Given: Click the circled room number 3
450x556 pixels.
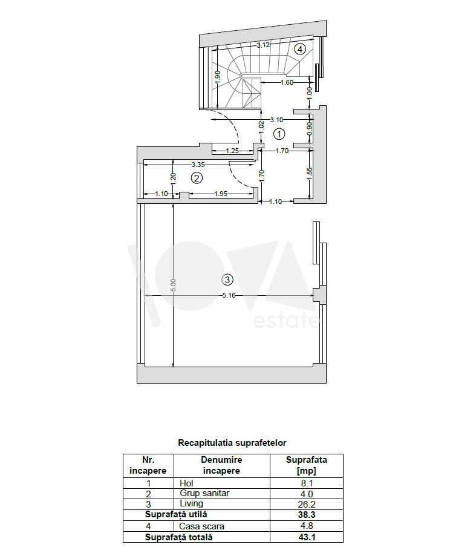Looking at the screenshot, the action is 227,280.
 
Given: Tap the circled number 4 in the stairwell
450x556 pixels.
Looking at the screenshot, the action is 300,49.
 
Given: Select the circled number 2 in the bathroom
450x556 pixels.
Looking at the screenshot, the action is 197,178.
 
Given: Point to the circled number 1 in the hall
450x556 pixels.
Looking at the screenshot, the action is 279,134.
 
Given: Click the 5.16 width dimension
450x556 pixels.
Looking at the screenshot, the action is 229,295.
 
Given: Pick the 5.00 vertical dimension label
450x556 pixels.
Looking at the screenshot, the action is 173,285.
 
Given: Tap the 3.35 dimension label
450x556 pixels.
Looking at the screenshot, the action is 198,165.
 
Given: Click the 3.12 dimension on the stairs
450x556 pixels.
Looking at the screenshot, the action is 263,45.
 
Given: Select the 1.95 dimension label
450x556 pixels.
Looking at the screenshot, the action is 221,194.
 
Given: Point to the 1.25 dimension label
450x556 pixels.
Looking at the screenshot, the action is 232,151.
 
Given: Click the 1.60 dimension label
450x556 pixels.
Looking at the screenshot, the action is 287,82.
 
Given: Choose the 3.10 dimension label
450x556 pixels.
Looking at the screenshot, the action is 276,120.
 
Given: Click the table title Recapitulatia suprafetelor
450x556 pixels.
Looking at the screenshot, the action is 232,442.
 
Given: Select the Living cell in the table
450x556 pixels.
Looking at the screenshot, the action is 192,503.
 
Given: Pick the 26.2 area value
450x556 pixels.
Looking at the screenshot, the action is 307,504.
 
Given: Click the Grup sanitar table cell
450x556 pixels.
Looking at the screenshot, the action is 204,493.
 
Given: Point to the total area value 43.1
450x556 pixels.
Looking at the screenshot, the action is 307,537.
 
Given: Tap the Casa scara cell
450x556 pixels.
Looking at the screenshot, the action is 202,526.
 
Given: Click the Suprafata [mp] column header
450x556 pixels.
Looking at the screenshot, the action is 307,465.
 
